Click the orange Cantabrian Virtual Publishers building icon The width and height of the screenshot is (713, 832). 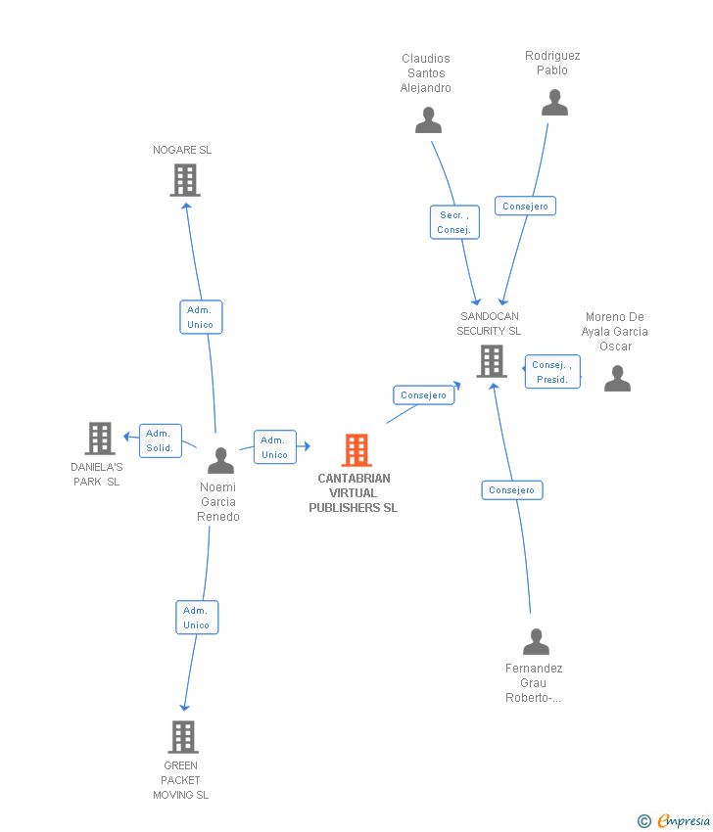[356, 450]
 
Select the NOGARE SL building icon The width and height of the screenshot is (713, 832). [185, 180]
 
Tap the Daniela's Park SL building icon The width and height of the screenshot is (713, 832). [100, 439]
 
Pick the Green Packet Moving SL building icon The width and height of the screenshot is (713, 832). [183, 737]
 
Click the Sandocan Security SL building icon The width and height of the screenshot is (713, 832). [492, 361]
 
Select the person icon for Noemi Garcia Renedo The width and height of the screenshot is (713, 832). [221, 460]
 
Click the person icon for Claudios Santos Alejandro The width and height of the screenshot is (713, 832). [428, 120]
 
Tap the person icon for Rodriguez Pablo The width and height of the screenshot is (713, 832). [554, 103]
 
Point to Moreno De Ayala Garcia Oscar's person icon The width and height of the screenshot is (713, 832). [617, 379]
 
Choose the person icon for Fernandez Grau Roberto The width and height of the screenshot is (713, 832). [536, 642]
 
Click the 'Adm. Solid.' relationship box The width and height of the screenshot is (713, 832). [160, 440]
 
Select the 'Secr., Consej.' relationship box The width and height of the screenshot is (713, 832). [454, 222]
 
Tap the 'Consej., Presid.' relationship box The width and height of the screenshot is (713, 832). [552, 372]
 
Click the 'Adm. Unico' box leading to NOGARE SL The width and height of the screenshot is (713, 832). [201, 317]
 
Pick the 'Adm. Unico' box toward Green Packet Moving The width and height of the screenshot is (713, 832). [197, 618]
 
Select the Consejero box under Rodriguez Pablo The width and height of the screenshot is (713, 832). [526, 206]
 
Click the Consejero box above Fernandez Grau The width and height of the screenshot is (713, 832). [511, 489]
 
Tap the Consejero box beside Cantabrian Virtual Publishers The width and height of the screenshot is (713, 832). [424, 395]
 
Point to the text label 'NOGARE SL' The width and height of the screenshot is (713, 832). [182, 150]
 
